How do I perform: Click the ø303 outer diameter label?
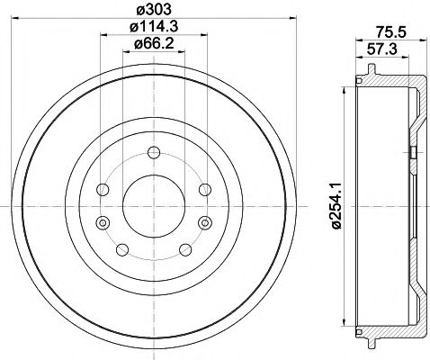(x=152, y=11)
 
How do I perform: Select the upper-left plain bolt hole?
(x=103, y=189)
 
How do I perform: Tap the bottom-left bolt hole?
(x=121, y=249)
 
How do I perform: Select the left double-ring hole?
(x=101, y=222)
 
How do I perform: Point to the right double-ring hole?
(x=204, y=222)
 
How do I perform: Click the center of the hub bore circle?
(x=152, y=205)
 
